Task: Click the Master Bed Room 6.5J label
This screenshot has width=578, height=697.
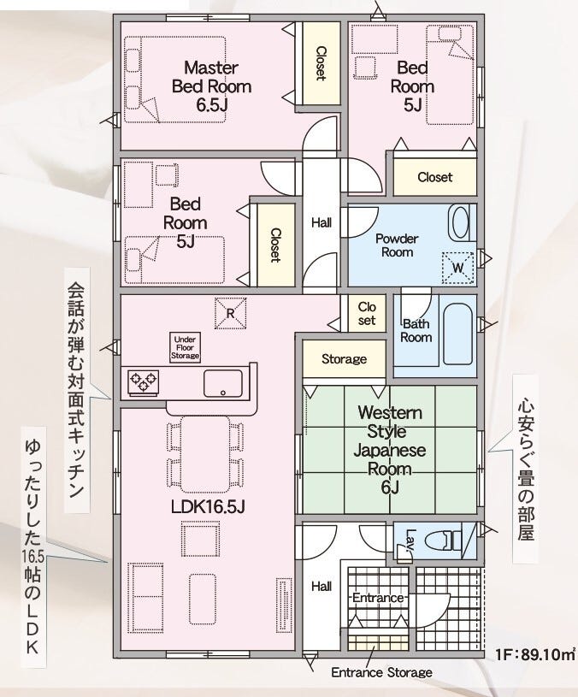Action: [x=211, y=86]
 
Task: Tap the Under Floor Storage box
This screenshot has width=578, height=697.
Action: [x=185, y=347]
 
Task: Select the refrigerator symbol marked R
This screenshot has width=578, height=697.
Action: [x=231, y=313]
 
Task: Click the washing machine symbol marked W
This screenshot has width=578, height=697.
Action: [x=457, y=268]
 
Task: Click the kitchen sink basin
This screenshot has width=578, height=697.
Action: [x=223, y=383]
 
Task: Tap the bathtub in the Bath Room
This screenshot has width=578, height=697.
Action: [x=457, y=334]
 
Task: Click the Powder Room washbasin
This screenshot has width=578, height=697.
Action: [x=459, y=223]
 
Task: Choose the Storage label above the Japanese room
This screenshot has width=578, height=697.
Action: [x=344, y=358]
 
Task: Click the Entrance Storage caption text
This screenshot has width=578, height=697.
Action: [x=381, y=672]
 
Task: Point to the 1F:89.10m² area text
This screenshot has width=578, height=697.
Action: [x=535, y=655]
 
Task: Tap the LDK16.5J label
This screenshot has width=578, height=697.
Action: [x=208, y=506]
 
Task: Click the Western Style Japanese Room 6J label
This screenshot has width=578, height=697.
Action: [x=390, y=449]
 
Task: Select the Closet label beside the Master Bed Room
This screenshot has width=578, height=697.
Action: [x=321, y=63]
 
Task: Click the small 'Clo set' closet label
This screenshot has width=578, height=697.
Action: [x=367, y=313]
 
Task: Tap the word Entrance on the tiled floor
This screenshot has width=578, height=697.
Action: [x=378, y=598]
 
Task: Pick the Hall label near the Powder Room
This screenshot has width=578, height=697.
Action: [x=321, y=222]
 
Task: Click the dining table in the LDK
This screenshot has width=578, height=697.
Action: [x=205, y=454]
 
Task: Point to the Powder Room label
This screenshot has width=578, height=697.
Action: [x=397, y=245]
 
